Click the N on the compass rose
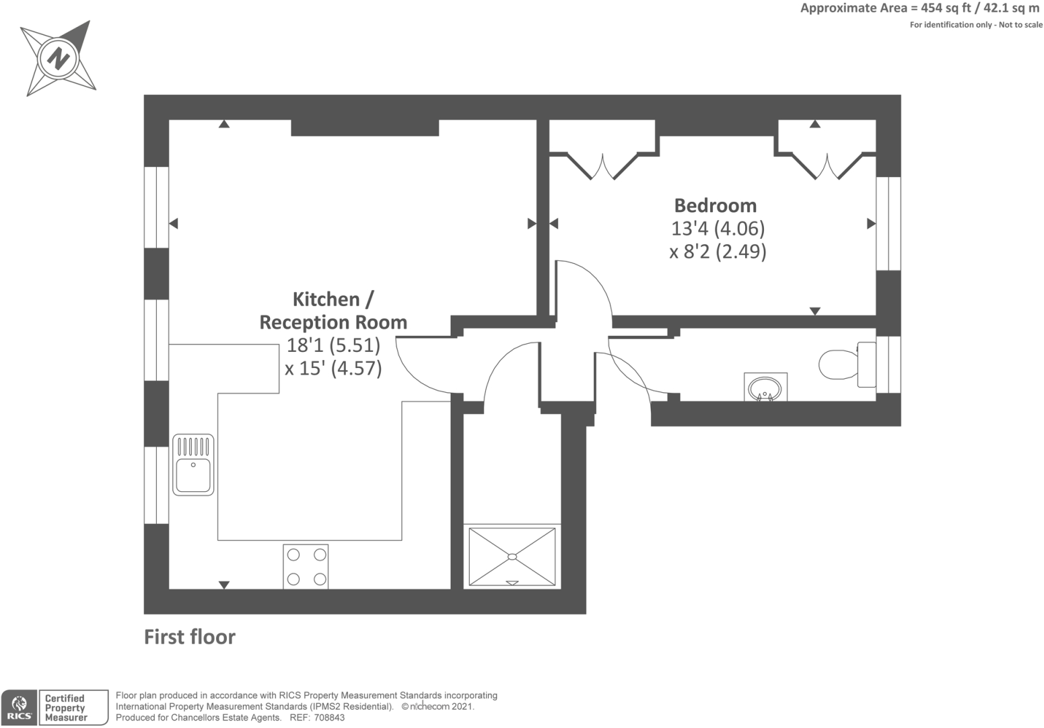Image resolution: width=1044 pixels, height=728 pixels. (59, 59)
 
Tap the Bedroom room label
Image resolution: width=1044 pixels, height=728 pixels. (716, 205)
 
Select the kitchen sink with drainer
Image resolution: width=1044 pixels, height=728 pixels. (193, 464)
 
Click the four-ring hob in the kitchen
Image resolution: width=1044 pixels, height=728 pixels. (306, 567)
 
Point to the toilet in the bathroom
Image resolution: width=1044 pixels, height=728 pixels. (847, 364)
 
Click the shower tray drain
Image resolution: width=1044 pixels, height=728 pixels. (512, 556)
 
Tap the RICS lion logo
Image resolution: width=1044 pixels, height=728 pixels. (19, 708)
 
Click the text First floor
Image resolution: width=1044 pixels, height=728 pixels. (190, 636)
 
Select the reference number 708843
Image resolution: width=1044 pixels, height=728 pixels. (330, 718)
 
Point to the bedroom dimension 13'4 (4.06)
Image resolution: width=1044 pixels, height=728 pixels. (718, 228)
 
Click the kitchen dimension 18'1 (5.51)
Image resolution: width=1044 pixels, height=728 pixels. (333, 345)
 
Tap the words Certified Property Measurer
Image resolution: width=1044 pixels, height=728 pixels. (66, 708)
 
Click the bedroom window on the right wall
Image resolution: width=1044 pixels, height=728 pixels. (889, 223)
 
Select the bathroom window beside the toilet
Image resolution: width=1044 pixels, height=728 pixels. (889, 365)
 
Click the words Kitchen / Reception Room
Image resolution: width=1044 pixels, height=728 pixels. (333, 311)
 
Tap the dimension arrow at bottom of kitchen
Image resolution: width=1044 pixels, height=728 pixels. (224, 585)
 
